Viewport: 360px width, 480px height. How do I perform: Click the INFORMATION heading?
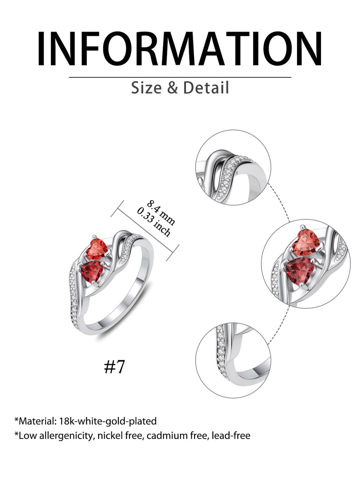pyautogui.click(x=180, y=48)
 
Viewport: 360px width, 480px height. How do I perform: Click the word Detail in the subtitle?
pyautogui.click(x=206, y=88)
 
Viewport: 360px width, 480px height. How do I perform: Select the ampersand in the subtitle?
pyautogui.click(x=173, y=88)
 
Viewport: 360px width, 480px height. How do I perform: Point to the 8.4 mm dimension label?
pyautogui.click(x=161, y=212)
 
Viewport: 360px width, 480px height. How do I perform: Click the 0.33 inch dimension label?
pyautogui.click(x=154, y=222)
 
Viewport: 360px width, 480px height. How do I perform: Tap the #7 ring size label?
pyautogui.click(x=114, y=367)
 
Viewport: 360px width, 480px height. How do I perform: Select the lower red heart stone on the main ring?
pyautogui.click(x=92, y=271)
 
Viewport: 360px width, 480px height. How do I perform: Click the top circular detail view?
pyautogui.click(x=233, y=167)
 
